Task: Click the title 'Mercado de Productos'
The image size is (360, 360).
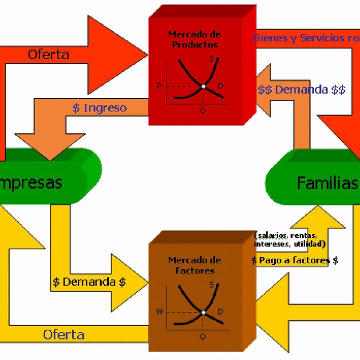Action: pos(194,39)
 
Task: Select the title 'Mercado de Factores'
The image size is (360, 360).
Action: pos(194,265)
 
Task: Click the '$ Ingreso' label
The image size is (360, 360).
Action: pos(99,107)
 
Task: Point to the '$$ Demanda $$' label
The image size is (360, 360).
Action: pos(301,90)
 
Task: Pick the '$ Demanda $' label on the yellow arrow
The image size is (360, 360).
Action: pos(89,281)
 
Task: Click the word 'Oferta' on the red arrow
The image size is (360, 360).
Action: pos(48,54)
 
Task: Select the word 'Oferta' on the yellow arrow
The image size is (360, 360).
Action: pos(63,334)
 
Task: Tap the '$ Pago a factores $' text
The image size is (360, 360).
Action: pos(295,260)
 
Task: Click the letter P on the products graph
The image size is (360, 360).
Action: pos(159,86)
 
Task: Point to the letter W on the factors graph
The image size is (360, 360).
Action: pos(159,312)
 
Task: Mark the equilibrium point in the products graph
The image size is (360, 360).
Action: pos(203,86)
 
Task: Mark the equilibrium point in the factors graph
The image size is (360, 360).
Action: pos(203,312)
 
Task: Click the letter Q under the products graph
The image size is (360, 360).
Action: pos(202,110)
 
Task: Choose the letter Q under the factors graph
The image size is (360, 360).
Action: pos(202,336)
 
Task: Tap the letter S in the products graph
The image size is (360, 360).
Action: pos(211,59)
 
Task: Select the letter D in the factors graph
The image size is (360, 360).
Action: pos(220,311)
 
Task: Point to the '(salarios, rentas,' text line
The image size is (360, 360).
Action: pos(285,235)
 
